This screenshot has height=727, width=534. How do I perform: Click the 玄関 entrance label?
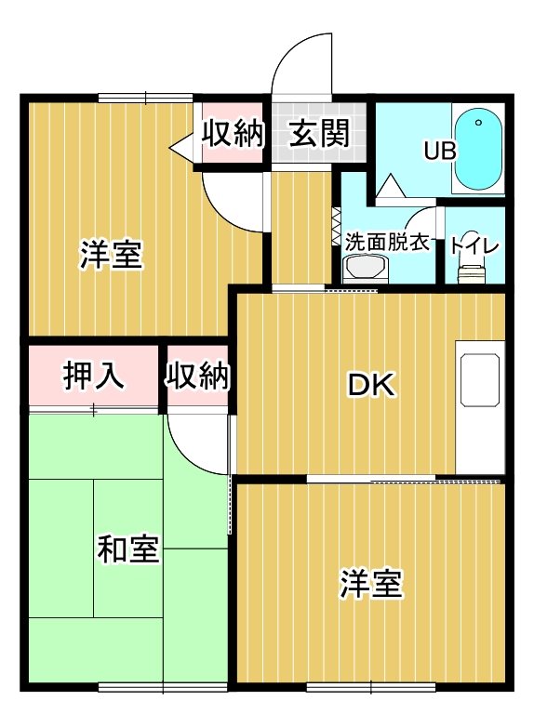[x=317, y=134]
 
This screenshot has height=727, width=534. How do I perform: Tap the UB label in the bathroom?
[x=439, y=151]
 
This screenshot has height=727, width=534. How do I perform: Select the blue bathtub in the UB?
[x=477, y=148]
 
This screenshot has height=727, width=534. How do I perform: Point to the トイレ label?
[x=474, y=245]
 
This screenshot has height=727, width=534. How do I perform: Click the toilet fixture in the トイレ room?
[x=473, y=272]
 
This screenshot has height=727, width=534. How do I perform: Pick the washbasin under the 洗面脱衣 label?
[x=363, y=271]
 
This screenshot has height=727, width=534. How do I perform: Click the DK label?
[x=371, y=384]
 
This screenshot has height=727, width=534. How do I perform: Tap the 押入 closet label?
[x=92, y=377]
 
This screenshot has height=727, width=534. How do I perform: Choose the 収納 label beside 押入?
[x=198, y=377]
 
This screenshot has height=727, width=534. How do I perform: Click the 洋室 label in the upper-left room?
[x=111, y=254]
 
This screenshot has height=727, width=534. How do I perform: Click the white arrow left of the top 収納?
[x=182, y=145]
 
